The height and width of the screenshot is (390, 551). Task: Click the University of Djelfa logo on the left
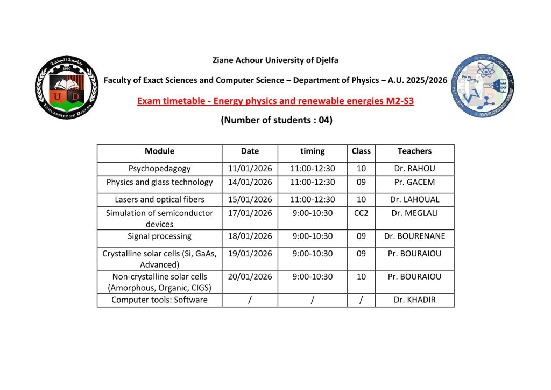(x=67, y=88)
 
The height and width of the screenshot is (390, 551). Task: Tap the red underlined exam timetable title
(x=275, y=101)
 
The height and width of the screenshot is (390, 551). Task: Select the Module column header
(x=159, y=151)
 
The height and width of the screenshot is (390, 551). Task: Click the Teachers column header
(x=414, y=151)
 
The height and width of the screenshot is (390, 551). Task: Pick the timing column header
(x=313, y=151)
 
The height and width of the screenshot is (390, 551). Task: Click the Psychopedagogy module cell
(x=159, y=169)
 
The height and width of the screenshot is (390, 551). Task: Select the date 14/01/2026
(x=250, y=182)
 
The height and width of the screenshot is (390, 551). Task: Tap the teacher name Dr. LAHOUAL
(x=414, y=199)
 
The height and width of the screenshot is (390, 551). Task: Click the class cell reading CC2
(x=361, y=213)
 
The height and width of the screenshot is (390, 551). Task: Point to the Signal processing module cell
(x=159, y=236)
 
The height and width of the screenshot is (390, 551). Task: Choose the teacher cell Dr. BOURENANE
(x=414, y=236)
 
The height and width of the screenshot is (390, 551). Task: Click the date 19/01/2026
(x=250, y=254)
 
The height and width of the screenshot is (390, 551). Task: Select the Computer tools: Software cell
(x=159, y=300)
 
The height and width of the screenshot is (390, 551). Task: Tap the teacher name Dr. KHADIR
(x=414, y=300)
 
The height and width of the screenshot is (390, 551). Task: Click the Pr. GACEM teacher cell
(x=414, y=182)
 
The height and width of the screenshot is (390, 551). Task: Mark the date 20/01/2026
(x=250, y=276)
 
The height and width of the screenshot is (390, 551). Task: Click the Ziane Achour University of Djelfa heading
(x=275, y=60)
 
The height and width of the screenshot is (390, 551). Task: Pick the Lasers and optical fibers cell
(x=159, y=199)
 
